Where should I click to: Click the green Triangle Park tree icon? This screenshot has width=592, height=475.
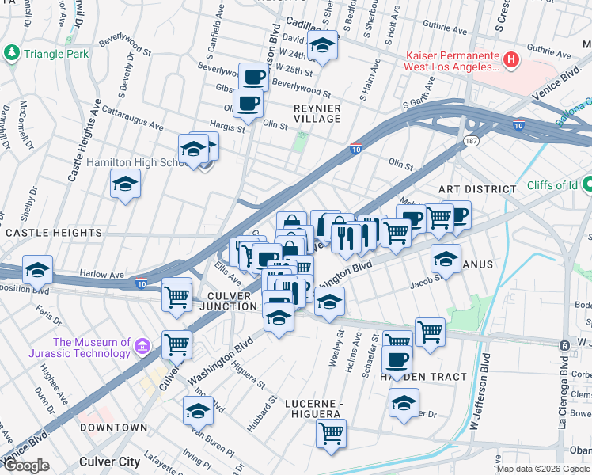point(12,54)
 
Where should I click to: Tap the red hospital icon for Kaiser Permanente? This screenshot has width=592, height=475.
point(511,59)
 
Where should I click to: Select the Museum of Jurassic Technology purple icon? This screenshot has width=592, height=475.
point(142,347)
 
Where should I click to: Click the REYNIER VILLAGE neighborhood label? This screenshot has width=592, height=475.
point(317,113)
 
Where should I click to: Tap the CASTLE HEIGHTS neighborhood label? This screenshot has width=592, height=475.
point(54,233)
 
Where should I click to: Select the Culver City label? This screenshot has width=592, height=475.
point(110,461)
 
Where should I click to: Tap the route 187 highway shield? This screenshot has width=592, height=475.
point(469,140)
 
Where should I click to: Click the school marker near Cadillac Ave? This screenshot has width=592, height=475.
point(322,47)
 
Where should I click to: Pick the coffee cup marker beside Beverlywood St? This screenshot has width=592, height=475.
point(253,78)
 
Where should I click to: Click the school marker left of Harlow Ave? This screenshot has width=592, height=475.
point(37,270)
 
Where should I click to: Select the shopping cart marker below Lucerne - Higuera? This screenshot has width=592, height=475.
point(331,432)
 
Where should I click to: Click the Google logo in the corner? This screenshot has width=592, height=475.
point(27,465)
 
